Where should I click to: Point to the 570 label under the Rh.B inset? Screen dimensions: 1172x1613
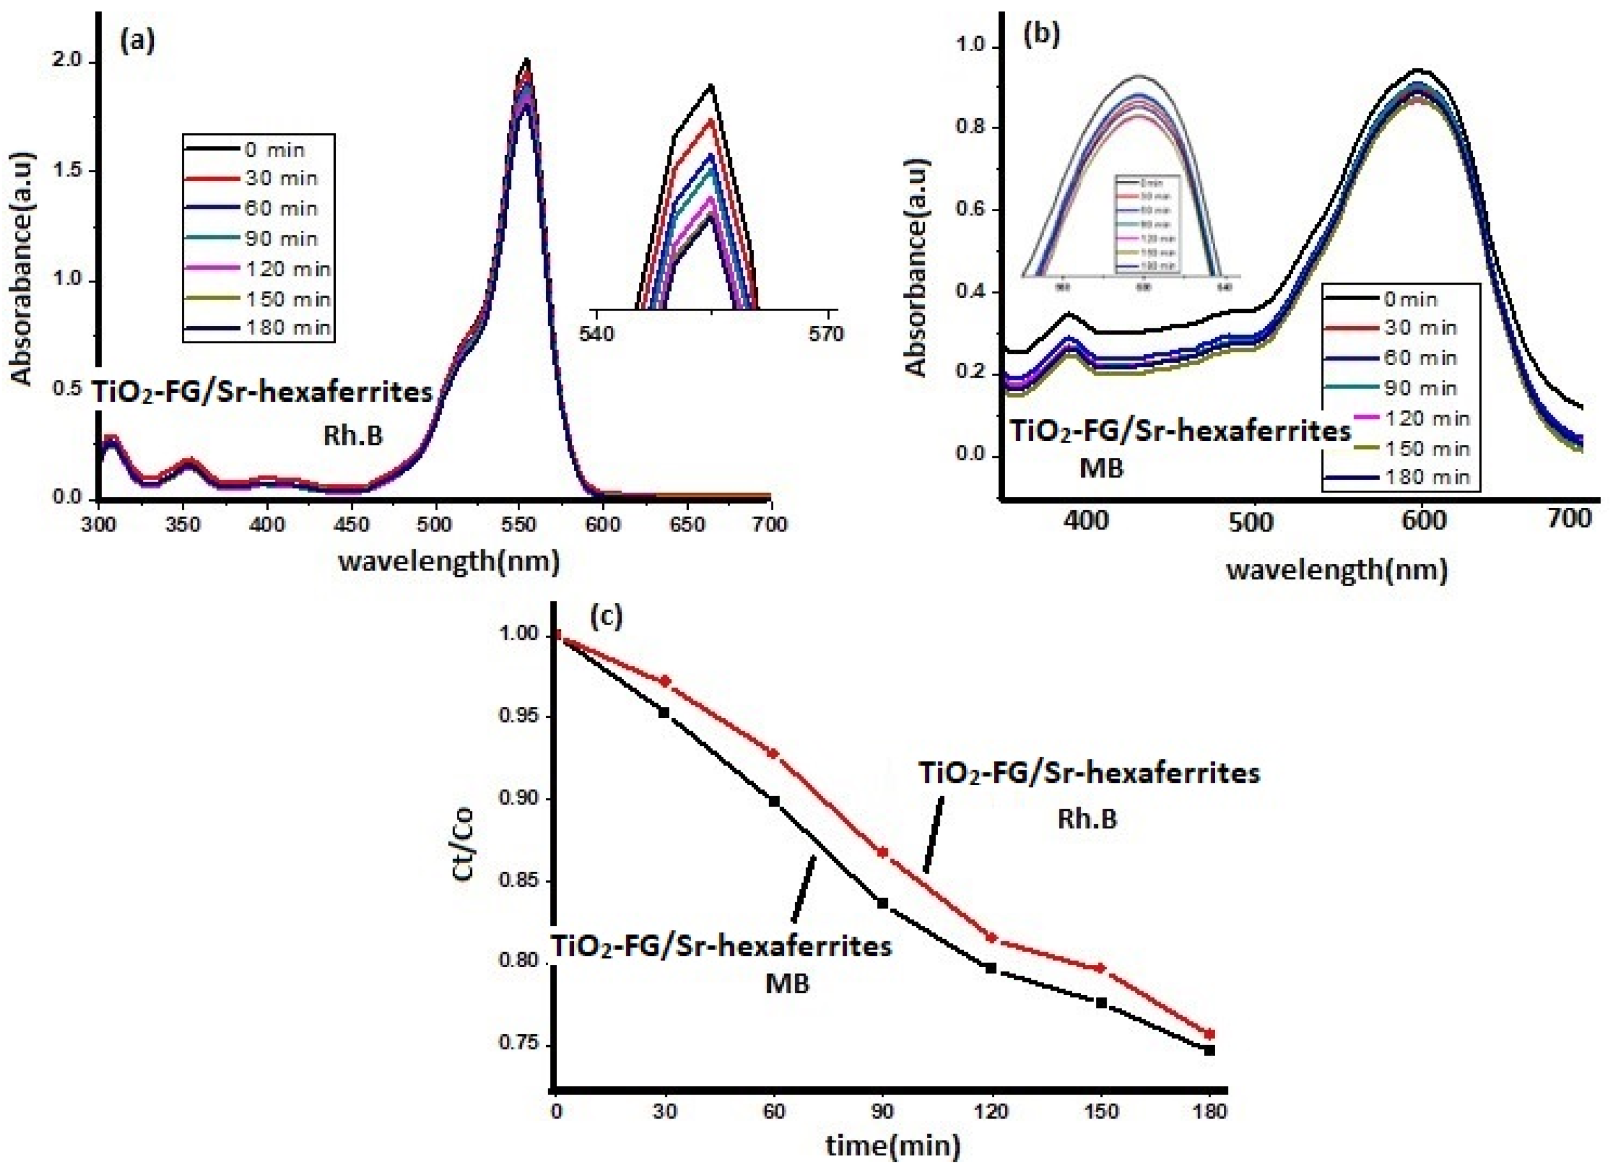pyautogui.click(x=825, y=333)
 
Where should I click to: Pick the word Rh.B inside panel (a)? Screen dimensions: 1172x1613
pyautogui.click(x=353, y=435)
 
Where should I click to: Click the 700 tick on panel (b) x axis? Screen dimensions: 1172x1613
pyautogui.click(x=1569, y=519)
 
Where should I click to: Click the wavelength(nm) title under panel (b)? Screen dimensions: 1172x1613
pyautogui.click(x=1337, y=571)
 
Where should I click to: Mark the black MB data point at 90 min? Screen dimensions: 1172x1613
pyautogui.click(x=883, y=903)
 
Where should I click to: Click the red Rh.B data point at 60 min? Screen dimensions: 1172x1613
pyautogui.click(x=774, y=754)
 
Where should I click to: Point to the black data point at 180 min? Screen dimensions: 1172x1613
pyautogui.click(x=1210, y=1050)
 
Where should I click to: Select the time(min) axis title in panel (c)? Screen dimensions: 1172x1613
pyautogui.click(x=893, y=1146)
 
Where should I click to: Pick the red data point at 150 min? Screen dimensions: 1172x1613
pyautogui.click(x=1101, y=968)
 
